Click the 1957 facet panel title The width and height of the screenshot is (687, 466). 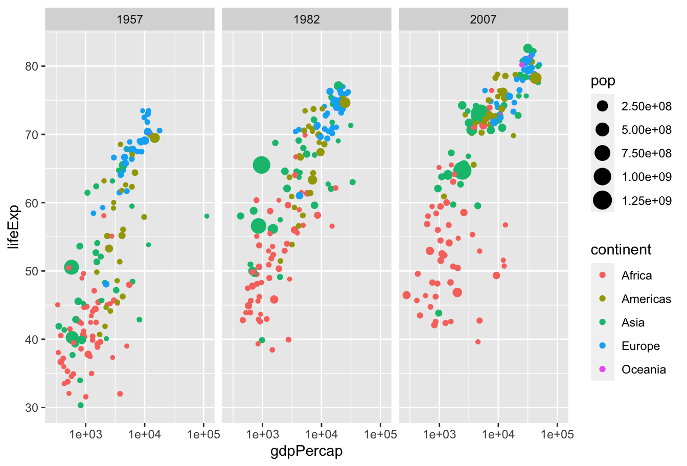coord(130,19)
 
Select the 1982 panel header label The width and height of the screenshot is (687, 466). coord(307,19)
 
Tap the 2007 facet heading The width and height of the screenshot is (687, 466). coord(483,19)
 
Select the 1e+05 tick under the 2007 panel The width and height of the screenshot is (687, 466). coord(557,435)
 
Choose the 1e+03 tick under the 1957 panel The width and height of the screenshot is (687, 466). coord(85,435)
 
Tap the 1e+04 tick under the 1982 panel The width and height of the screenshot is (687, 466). coord(322,435)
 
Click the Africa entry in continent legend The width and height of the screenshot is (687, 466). coord(636,275)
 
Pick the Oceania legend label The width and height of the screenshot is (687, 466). coord(644,369)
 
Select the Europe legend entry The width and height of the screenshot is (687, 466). coord(640,346)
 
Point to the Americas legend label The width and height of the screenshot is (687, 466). coord(646,299)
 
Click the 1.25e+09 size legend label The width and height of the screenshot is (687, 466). coord(646,200)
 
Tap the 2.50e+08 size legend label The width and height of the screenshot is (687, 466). coord(646,106)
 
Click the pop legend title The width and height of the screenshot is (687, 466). coord(603,81)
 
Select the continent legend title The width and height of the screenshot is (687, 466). coord(621,250)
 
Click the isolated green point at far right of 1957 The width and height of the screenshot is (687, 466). coord(207,216)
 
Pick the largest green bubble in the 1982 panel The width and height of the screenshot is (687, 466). coord(261,165)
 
